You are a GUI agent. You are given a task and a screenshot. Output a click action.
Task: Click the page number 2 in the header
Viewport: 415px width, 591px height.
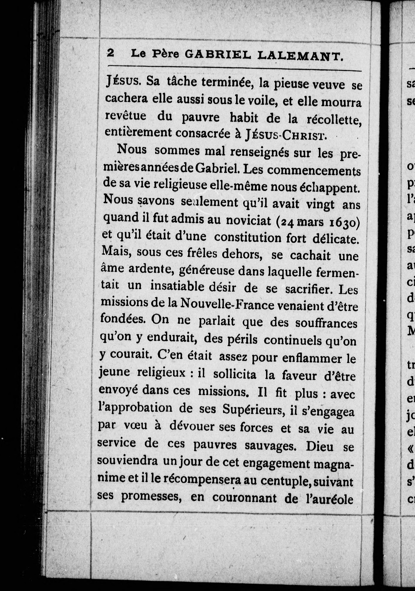coord(110,53)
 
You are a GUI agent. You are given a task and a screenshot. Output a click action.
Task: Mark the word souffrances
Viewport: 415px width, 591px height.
coord(326,324)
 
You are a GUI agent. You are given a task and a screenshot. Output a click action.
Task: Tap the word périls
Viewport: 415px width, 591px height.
coord(242,340)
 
